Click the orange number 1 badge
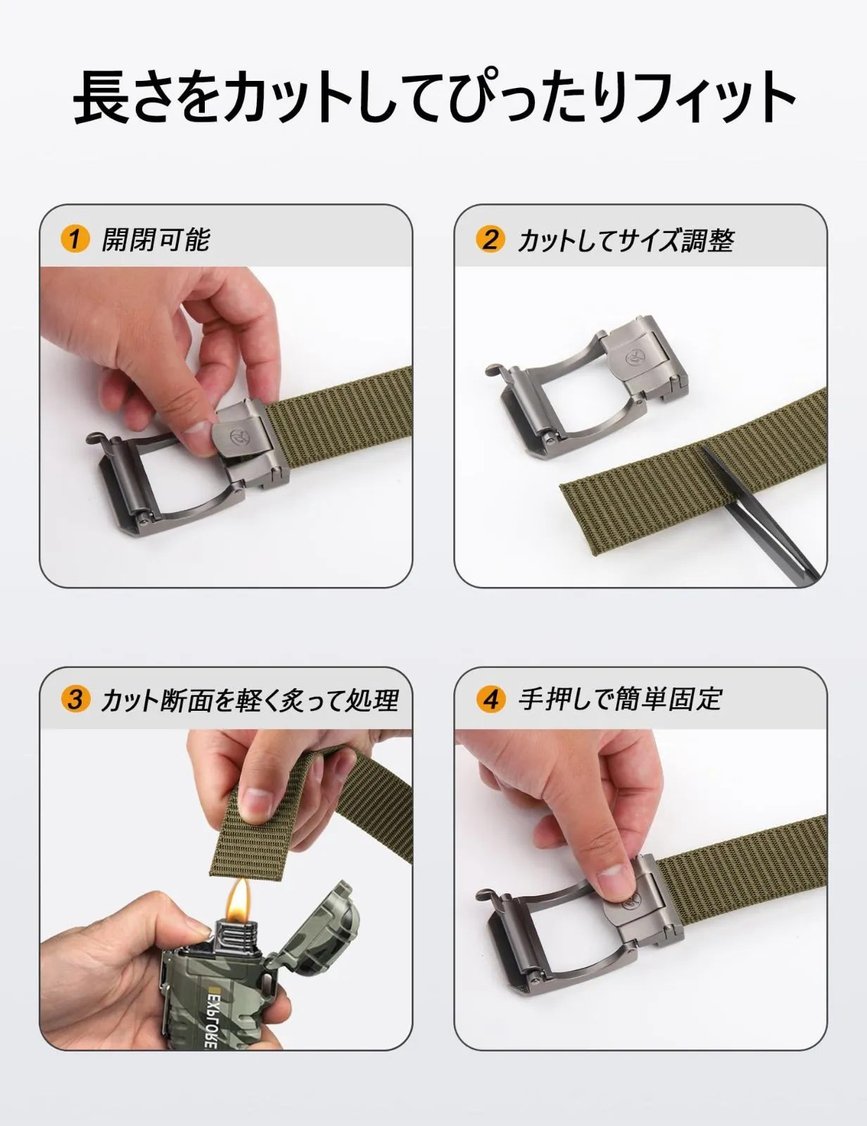click(x=75, y=239)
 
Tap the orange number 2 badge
click(x=490, y=239)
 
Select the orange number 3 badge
click(x=75, y=699)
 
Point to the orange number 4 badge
click(x=490, y=699)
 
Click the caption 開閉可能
click(x=156, y=239)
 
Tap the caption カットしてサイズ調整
click(x=626, y=240)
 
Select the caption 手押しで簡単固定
click(x=620, y=699)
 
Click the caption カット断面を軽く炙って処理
click(x=250, y=700)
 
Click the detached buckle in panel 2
click(x=587, y=386)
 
